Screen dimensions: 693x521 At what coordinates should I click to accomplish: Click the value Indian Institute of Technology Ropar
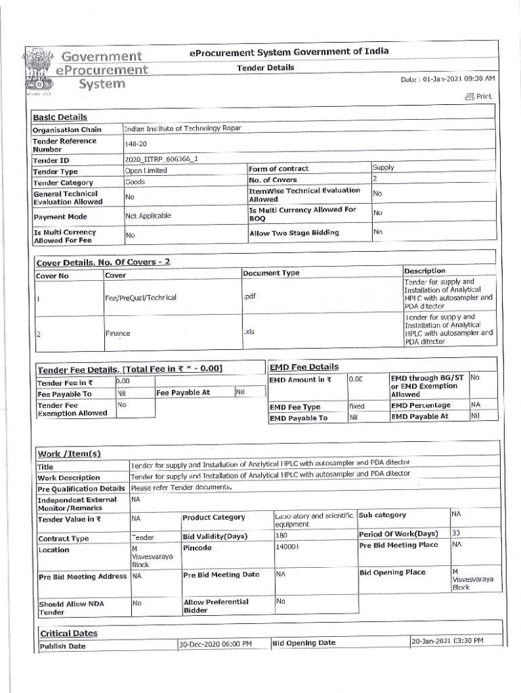point(183,128)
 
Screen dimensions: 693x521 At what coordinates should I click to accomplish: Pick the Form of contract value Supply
point(383,167)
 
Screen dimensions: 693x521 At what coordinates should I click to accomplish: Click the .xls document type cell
point(250,332)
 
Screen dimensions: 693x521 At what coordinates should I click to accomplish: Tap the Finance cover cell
point(118,333)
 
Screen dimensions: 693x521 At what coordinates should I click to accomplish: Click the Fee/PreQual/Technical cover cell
point(141,298)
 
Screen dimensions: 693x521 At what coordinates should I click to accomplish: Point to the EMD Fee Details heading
point(304,367)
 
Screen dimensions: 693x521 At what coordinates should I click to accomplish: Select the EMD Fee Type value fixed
point(357,406)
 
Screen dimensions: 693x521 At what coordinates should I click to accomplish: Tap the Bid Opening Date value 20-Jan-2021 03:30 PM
point(447,641)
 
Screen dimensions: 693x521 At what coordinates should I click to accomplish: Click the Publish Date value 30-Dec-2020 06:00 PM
point(215,644)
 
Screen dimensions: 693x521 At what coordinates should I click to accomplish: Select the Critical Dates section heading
point(68,633)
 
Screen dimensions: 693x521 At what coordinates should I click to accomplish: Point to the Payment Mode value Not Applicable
point(148,216)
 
